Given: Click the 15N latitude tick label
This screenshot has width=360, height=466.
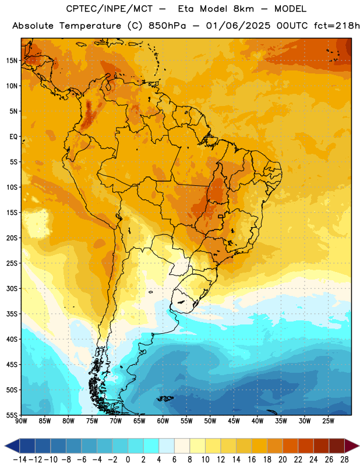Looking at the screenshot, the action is point(12,61).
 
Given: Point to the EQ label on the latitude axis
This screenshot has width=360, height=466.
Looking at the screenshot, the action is point(13,137).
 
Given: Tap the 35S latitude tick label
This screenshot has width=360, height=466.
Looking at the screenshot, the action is point(12,314).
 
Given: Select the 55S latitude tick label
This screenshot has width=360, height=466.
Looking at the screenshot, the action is point(12,415).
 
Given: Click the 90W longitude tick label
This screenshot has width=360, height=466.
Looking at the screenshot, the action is point(21,421).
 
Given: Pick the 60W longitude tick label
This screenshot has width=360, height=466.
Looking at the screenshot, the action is point(163,421).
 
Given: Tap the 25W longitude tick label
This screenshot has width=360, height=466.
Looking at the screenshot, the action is point(328,421).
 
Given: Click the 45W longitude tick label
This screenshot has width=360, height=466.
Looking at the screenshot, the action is point(234,421).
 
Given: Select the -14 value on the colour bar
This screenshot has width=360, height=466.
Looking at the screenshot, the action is point(20,460).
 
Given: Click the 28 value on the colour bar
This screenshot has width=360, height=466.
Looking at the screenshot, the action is point(344,460).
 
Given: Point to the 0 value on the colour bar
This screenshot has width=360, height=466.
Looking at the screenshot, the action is point(128,460).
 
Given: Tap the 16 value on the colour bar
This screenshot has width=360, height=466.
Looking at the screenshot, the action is point(252,460).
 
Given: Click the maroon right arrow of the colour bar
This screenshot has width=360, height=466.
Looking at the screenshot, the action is point(352,446).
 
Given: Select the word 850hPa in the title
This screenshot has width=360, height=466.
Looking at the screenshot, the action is point(167,26).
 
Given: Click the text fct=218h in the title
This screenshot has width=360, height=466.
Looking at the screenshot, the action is point(337,26).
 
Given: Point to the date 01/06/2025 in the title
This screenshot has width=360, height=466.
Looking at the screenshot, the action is point(238,26).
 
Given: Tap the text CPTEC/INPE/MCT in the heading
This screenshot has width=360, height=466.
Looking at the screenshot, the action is point(109,9).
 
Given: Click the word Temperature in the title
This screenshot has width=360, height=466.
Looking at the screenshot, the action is point(90,26).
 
